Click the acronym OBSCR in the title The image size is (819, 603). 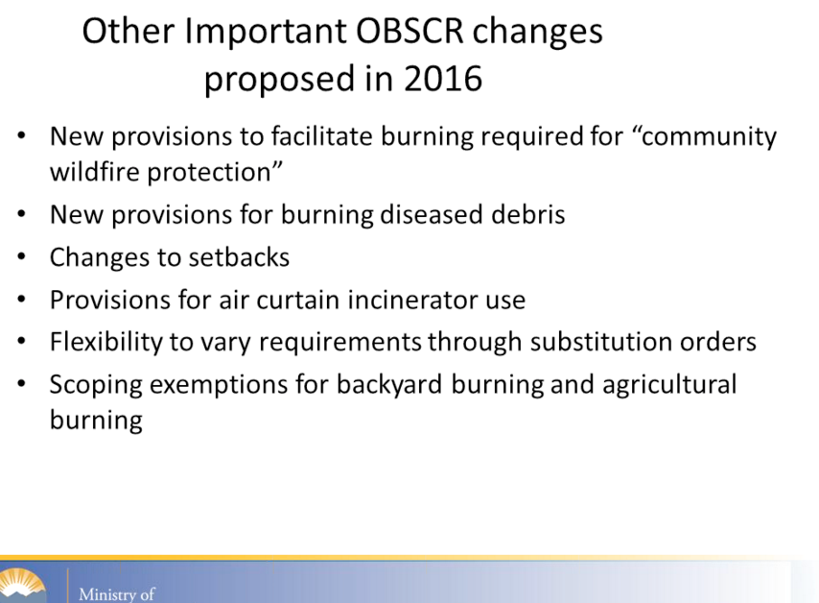pyautogui.click(x=410, y=31)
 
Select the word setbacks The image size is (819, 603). pyautogui.click(x=239, y=257)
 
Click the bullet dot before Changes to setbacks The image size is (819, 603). pyautogui.click(x=21, y=256)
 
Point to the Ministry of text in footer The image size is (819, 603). pyautogui.click(x=116, y=594)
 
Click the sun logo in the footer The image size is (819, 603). pyautogui.click(x=22, y=586)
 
